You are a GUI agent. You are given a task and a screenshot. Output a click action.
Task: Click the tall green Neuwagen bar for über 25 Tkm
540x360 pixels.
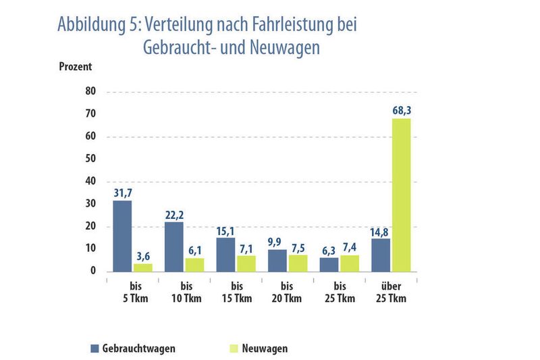[402, 195]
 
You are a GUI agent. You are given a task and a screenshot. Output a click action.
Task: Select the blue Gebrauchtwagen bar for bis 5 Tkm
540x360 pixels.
[122, 236]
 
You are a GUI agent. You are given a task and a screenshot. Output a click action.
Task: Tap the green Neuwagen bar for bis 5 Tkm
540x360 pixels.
[142, 267]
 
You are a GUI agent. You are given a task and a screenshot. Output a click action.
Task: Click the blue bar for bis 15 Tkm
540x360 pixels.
[225, 255]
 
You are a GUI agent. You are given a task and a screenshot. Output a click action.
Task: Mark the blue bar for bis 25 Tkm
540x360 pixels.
[329, 264]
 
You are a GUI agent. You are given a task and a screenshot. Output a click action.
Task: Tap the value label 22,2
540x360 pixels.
[174, 214]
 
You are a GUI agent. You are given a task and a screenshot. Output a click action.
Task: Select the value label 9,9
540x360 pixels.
[277, 242]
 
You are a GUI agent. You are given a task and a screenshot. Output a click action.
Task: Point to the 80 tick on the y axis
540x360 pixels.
[90, 92]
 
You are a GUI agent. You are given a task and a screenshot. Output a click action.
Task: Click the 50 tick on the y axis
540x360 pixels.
[90, 159]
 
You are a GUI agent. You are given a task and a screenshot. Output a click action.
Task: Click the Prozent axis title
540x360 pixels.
[75, 67]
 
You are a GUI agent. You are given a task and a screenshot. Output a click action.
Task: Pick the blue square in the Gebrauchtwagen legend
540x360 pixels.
[94, 349]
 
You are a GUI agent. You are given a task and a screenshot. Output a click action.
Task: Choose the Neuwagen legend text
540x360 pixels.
[264, 349]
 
